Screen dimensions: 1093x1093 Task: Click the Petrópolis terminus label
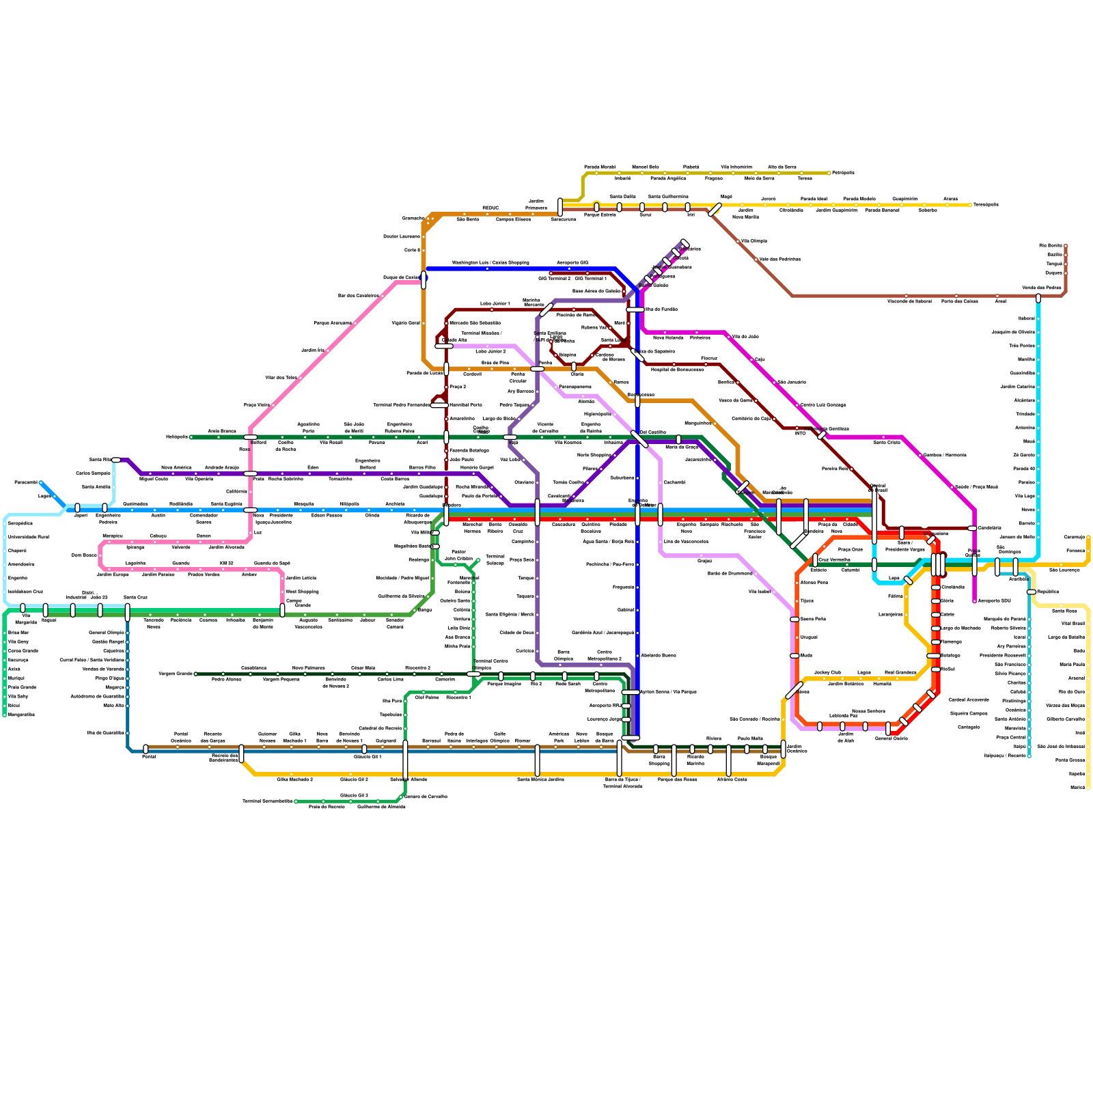[843, 173]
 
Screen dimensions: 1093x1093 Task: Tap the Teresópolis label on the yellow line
[985, 204]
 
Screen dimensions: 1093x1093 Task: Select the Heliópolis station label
[176, 437]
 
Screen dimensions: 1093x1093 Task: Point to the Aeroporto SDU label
[994, 600]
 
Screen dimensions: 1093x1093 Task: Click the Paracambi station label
[26, 482]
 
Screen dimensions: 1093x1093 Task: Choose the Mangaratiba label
[21, 715]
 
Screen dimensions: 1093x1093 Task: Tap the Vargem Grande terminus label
[176, 674]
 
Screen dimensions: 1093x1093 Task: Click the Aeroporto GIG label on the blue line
[572, 262]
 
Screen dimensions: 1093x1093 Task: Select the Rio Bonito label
[1051, 245]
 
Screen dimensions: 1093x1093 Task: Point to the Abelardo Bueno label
[659, 655]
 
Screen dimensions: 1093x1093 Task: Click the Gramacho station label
[413, 218]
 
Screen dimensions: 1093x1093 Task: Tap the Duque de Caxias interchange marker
[424, 279]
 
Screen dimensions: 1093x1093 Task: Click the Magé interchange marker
[715, 210]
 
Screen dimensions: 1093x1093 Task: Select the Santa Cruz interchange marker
[128, 612]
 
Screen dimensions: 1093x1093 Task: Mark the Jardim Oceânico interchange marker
[784, 749]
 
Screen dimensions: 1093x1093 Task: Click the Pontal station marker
[146, 749]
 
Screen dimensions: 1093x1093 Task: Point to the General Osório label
[891, 738]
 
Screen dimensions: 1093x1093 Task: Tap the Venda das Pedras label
[1042, 288]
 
